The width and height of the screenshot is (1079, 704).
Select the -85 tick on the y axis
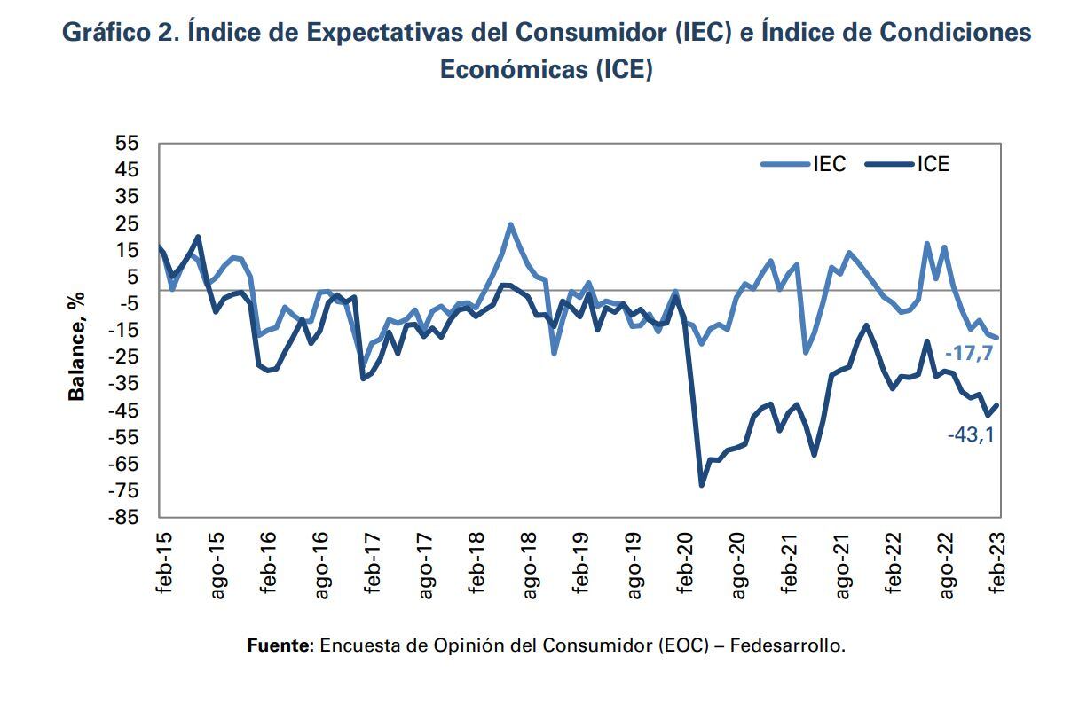125,517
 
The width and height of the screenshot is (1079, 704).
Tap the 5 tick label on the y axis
134,277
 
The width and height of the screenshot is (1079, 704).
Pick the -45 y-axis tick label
125,411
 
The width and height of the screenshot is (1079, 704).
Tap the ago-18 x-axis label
531,564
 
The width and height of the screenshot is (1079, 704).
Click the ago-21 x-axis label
844,564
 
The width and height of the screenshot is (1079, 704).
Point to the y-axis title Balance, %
78,346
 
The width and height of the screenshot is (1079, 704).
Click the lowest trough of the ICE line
702,485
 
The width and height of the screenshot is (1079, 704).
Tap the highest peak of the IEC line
510,224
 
